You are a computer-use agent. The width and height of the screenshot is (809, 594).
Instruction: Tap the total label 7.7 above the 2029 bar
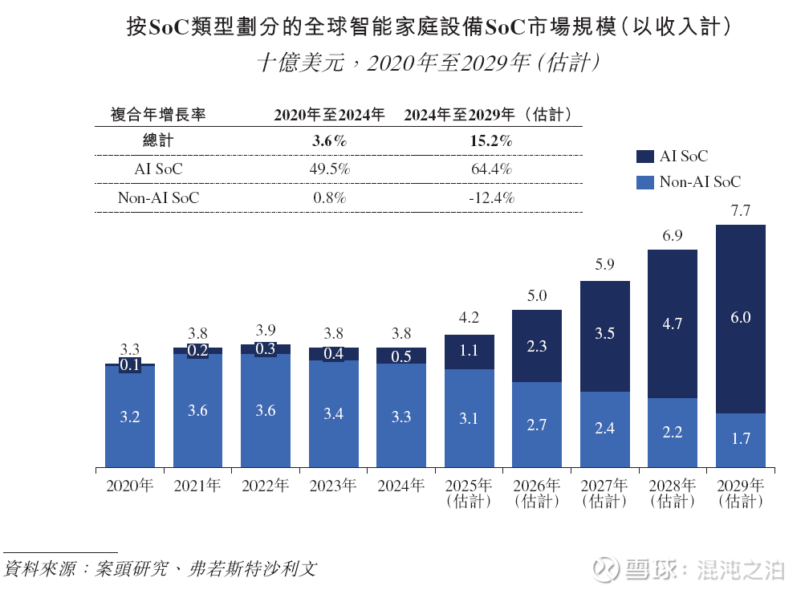tap(741, 211)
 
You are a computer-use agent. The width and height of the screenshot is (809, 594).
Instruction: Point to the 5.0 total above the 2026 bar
tap(537, 296)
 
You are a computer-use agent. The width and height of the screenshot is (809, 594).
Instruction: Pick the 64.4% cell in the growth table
tap(491, 169)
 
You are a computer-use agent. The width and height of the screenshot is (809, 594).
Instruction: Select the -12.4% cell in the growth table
tap(491, 197)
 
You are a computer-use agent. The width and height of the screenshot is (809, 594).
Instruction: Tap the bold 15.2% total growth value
tap(491, 141)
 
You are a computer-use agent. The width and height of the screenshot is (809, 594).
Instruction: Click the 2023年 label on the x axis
tap(332, 486)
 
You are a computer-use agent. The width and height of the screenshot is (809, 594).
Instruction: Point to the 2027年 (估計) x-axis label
tap(604, 493)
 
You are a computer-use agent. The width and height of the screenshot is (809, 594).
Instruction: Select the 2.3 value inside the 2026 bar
tap(537, 346)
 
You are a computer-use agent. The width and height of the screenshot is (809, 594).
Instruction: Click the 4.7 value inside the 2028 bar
tap(673, 324)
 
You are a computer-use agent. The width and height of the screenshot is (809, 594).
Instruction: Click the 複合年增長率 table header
tap(158, 115)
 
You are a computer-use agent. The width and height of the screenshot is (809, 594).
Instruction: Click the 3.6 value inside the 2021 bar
tap(197, 410)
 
